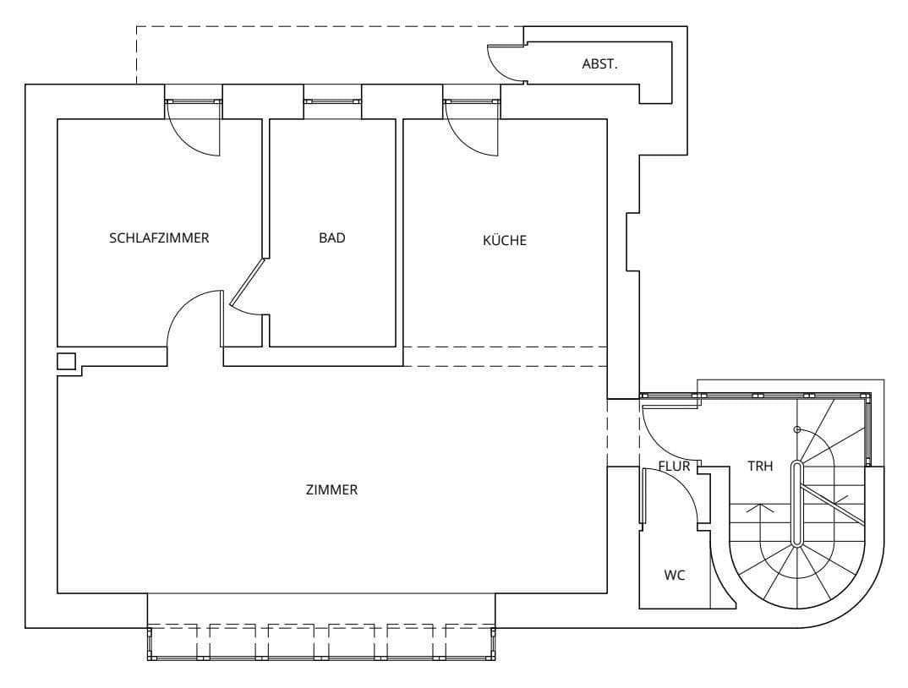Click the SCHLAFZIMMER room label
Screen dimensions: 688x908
[159, 238]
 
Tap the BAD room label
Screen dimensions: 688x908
[332, 238]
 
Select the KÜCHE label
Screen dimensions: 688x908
[504, 240]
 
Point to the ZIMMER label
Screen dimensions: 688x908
[331, 489]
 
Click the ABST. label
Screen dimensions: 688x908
[599, 63]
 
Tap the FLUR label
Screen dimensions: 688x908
[674, 466]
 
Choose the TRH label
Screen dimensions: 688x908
[760, 466]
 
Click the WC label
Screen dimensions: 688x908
[674, 576]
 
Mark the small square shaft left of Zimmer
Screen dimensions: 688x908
[66, 362]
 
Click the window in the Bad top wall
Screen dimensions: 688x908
[332, 101]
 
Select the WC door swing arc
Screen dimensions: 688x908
[686, 499]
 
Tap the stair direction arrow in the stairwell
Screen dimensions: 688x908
[760, 511]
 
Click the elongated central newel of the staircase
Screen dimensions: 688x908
[796, 504]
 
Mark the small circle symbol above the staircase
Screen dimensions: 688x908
[796, 429]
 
